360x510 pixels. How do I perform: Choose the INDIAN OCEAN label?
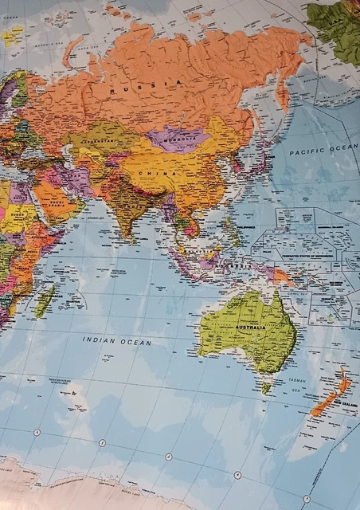pyautogui.click(x=116, y=341)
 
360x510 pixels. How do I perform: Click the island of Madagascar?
pyautogui.click(x=45, y=301)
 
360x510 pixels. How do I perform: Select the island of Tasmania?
pyautogui.click(x=266, y=388)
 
